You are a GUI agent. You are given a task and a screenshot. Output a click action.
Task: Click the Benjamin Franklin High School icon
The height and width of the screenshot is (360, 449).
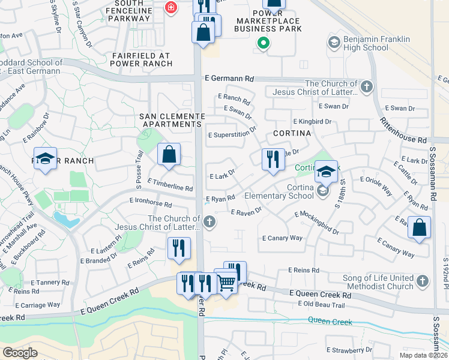click(x=334, y=43)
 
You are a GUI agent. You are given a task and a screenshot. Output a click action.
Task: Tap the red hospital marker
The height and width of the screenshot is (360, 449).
click(x=171, y=7)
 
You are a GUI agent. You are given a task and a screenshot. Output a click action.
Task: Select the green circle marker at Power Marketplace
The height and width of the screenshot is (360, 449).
click(x=262, y=43)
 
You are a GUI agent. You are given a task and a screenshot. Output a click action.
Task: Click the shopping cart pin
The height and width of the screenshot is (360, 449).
click(x=226, y=280)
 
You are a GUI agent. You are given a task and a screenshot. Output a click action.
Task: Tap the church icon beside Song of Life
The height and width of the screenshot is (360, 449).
click(x=423, y=281)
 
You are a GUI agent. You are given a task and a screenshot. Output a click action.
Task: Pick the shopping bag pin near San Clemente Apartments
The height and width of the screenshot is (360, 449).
click(x=169, y=154)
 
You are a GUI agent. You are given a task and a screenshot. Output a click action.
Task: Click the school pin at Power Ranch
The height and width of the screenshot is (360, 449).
click(x=45, y=159)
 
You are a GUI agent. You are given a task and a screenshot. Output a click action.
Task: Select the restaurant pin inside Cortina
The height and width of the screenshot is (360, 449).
click(x=273, y=160)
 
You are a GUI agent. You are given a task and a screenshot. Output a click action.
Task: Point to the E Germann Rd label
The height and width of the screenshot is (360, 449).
click(x=229, y=79)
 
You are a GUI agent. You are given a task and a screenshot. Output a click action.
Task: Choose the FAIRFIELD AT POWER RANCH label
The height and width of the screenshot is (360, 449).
click(x=140, y=60)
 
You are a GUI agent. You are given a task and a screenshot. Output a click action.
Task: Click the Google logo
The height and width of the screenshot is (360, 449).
click(x=20, y=352)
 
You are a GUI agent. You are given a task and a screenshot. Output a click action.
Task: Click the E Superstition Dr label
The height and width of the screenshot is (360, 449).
click(x=232, y=135)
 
